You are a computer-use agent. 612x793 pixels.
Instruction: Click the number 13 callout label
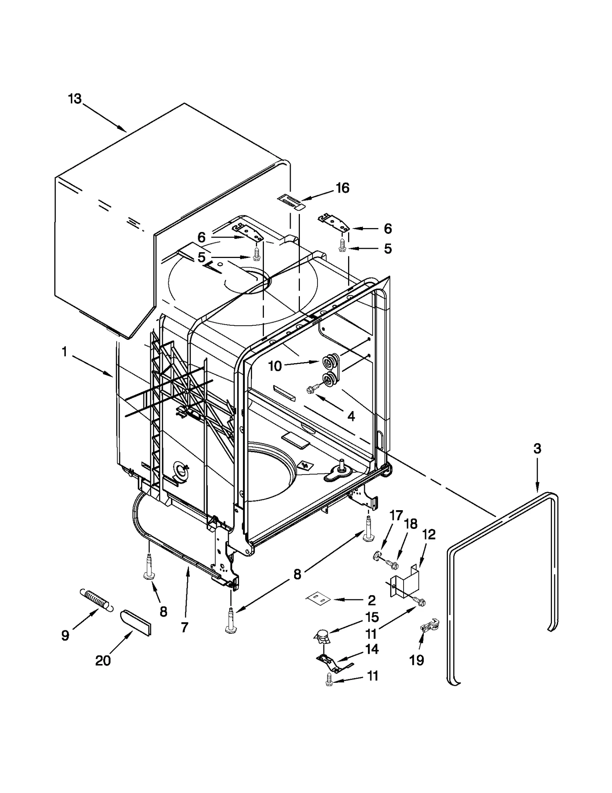tap(75, 99)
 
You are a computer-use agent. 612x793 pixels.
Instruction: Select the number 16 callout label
tap(342, 188)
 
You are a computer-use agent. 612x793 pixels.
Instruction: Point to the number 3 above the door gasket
tap(537, 449)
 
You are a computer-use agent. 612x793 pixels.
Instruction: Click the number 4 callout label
tap(351, 416)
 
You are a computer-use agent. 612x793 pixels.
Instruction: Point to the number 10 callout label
tap(275, 366)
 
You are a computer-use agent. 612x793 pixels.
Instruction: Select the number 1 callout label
tap(64, 352)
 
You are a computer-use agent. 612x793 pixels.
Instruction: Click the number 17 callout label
tap(397, 516)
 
